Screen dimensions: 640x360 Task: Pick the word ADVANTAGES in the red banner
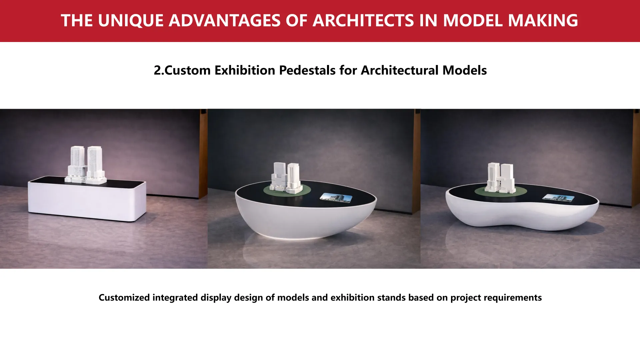tap(225, 20)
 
